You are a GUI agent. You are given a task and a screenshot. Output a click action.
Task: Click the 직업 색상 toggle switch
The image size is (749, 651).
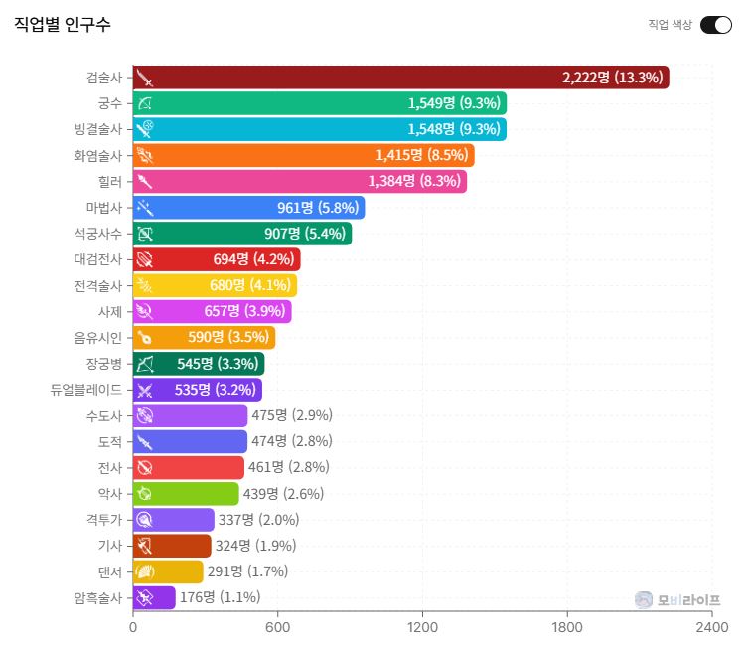715,25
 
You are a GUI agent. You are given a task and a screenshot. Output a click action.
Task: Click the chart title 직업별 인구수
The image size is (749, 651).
63,24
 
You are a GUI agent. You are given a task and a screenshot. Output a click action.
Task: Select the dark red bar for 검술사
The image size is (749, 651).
400,78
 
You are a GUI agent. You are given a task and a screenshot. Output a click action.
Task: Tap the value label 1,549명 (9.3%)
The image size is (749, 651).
454,103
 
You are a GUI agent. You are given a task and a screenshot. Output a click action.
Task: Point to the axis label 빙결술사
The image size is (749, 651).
98,129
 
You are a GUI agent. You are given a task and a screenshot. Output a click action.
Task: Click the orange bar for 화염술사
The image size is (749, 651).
303,155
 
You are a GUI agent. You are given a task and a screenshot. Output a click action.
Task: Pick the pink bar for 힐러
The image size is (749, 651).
300,181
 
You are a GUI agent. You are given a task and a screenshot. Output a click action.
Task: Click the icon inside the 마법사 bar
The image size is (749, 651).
145,208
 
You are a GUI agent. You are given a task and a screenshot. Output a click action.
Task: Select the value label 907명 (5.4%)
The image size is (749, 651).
305,234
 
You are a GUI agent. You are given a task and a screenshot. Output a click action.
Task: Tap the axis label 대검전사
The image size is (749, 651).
98,259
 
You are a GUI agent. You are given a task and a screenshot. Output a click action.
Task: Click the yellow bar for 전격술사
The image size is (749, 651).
215,285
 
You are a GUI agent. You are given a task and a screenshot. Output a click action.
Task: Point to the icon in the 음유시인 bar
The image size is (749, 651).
145,338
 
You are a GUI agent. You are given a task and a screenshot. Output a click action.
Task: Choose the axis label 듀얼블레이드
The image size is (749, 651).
86,390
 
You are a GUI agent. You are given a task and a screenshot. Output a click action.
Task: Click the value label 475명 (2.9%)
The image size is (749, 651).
292,415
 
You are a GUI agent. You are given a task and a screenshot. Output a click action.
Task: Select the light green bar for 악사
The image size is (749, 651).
186,493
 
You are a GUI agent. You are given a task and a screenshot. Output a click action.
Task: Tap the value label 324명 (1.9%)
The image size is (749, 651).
255,546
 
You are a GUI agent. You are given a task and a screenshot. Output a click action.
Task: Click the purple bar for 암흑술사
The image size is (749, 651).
154,597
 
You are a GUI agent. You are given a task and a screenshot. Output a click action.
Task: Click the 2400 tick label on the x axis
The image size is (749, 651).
711,627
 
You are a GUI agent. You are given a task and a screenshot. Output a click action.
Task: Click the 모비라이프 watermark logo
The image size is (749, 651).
677,600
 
